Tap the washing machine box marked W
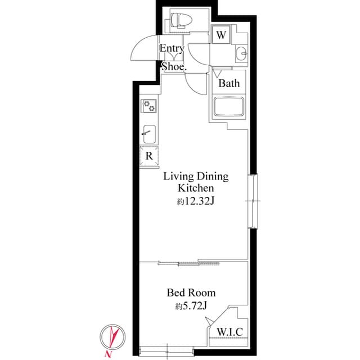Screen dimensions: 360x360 222,35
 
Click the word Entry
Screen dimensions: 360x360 172,49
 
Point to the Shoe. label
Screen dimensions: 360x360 174,66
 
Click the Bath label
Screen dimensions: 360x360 229,84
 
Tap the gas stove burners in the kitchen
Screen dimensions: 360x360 149,105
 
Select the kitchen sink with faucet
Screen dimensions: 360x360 148,133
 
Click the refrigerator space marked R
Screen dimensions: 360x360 149,155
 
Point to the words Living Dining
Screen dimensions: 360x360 196,177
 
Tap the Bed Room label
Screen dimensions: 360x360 191,293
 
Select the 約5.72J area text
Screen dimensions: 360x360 191,307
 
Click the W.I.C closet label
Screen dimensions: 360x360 229,332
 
